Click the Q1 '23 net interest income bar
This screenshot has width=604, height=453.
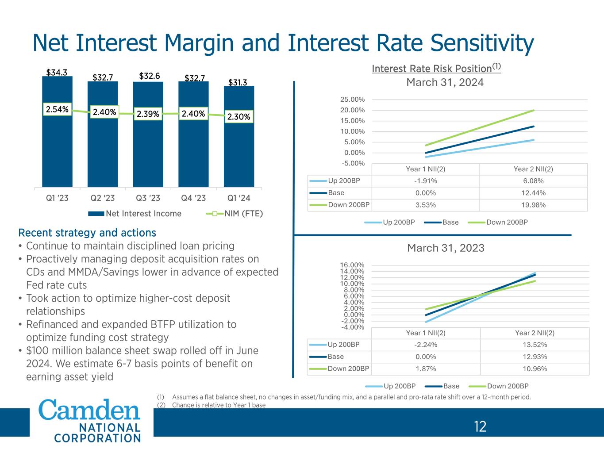coord(57,150)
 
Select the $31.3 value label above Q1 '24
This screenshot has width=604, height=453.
coord(238,82)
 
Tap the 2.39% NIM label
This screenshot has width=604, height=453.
coord(148,114)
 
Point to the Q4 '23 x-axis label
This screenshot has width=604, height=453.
coord(193,198)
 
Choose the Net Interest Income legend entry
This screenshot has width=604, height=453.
coord(143,214)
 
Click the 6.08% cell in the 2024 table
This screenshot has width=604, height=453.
coord(533,181)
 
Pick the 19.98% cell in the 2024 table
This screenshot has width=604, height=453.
coord(533,205)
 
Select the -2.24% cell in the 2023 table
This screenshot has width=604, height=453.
coord(426,345)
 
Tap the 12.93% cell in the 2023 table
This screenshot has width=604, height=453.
coord(535,357)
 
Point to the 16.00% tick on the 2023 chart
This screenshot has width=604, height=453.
coord(352,265)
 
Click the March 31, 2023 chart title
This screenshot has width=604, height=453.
coord(446,248)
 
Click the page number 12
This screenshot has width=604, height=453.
coord(480,426)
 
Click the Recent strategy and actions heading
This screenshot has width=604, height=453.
coord(87,233)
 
